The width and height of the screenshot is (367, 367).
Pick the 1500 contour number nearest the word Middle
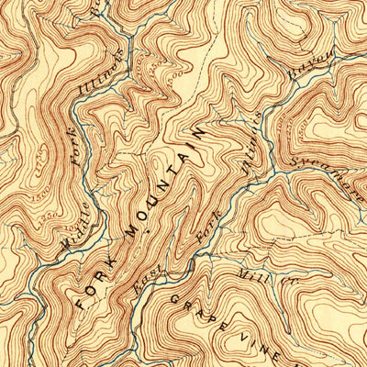tap(39, 196)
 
